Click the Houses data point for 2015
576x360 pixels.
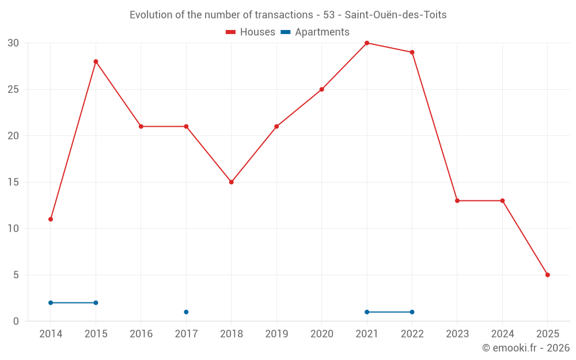pyautogui.click(x=96, y=62)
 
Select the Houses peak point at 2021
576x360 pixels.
pyautogui.click(x=367, y=43)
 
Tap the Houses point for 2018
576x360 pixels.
pyautogui.click(x=232, y=182)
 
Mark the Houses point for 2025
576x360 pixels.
pyautogui.click(x=547, y=275)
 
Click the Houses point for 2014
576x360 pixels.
pyautogui.click(x=51, y=219)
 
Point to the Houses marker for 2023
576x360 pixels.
pyautogui.click(x=457, y=200)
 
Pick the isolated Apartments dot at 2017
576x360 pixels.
pyautogui.click(x=186, y=312)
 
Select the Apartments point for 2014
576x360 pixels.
pyautogui.click(x=51, y=302)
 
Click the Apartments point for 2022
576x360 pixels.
pyautogui.click(x=412, y=312)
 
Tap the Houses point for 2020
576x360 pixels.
pyautogui.click(x=322, y=89)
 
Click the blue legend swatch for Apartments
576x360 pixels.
pyautogui.click(x=285, y=32)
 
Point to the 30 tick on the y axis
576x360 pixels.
pyautogui.click(x=13, y=43)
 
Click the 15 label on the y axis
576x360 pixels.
pyautogui.click(x=13, y=182)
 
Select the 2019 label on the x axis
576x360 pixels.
pyautogui.click(x=276, y=334)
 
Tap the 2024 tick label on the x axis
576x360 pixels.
pyautogui.click(x=502, y=334)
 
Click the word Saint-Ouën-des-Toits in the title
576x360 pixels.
pyautogui.click(x=396, y=15)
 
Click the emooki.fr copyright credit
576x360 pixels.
pyautogui.click(x=525, y=348)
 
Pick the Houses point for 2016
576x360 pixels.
pyautogui.click(x=141, y=126)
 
